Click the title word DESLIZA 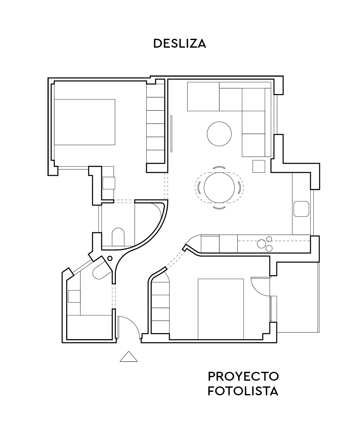point(180,44)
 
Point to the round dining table point(219,187)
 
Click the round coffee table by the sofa point(219,134)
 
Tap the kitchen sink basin point(301,209)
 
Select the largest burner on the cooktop point(262,244)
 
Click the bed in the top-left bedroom point(85,122)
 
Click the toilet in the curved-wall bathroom point(118,237)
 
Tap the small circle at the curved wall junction point(110,258)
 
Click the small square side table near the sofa point(259,166)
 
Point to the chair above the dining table point(219,167)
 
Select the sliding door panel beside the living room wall point(171,134)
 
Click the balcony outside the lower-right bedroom point(298,297)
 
